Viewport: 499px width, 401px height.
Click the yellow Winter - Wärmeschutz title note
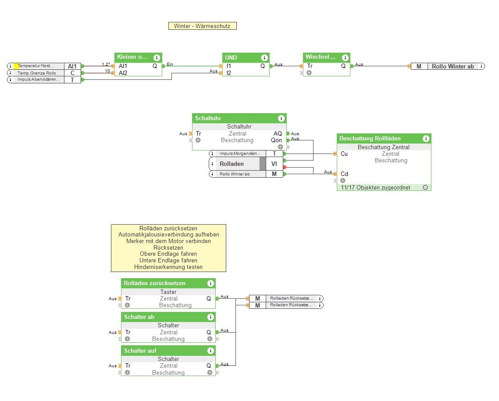[202, 26]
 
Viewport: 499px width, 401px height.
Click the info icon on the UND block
[264, 58]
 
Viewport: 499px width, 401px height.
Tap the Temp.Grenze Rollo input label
[37, 73]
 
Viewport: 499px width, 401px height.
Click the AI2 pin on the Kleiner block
[123, 73]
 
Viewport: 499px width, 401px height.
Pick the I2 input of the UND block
[229, 73]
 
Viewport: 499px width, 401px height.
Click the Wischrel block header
[320, 57]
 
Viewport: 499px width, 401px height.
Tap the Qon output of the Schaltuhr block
[276, 140]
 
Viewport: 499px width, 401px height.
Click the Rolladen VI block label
[237, 164]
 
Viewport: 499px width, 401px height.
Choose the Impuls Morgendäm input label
[240, 154]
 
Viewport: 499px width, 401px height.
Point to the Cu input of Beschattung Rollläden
[344, 154]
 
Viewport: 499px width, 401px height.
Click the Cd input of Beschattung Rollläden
[344, 174]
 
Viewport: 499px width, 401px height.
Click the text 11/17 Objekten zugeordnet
[376, 187]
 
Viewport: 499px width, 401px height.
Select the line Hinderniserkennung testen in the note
[168, 267]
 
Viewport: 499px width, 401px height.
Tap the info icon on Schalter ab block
[210, 317]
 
